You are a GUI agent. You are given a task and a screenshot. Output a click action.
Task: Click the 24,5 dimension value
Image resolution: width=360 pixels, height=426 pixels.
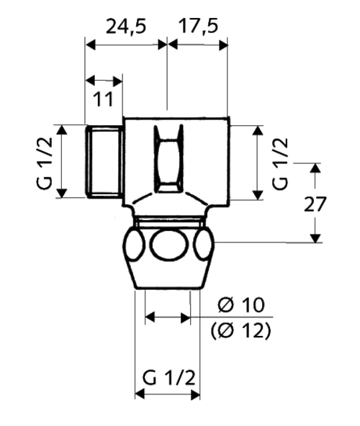click(126, 27)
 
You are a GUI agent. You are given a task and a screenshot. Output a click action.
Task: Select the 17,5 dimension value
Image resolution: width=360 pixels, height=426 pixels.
click(198, 27)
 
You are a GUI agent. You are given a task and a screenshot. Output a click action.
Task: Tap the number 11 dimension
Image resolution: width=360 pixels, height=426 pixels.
click(103, 99)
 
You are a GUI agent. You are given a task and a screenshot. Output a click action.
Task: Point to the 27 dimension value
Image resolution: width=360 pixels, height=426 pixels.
click(315, 204)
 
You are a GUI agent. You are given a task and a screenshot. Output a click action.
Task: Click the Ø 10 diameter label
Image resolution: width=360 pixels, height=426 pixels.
click(241, 305)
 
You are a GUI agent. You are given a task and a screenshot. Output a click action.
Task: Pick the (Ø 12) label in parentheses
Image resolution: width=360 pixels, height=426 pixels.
click(241, 330)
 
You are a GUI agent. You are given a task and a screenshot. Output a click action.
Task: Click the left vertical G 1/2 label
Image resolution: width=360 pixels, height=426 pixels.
click(44, 163)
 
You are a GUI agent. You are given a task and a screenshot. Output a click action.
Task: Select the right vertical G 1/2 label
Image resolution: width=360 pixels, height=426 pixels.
click(280, 164)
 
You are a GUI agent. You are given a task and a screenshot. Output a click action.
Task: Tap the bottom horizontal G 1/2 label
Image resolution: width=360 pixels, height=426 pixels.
click(169, 378)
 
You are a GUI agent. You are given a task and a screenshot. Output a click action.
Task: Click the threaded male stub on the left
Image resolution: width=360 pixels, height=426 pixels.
click(104, 161)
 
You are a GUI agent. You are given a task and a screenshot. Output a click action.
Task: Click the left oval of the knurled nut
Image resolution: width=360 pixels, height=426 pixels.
click(134, 245)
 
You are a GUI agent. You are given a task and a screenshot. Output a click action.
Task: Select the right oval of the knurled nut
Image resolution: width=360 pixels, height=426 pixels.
click(204, 244)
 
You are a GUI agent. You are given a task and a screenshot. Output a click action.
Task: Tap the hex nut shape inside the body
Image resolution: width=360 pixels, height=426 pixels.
click(168, 159)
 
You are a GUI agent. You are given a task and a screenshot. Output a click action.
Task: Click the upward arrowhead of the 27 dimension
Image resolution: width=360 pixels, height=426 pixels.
click(315, 168)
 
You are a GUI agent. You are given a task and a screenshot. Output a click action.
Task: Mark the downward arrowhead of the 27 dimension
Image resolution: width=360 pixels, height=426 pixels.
click(315, 238)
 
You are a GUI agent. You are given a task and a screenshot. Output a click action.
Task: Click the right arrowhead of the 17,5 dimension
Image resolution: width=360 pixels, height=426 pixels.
click(223, 45)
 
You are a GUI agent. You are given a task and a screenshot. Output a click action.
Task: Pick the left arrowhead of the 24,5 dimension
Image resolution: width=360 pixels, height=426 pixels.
click(91, 45)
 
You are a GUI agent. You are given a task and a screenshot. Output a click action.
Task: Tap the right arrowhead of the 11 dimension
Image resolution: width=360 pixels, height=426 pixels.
click(117, 81)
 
